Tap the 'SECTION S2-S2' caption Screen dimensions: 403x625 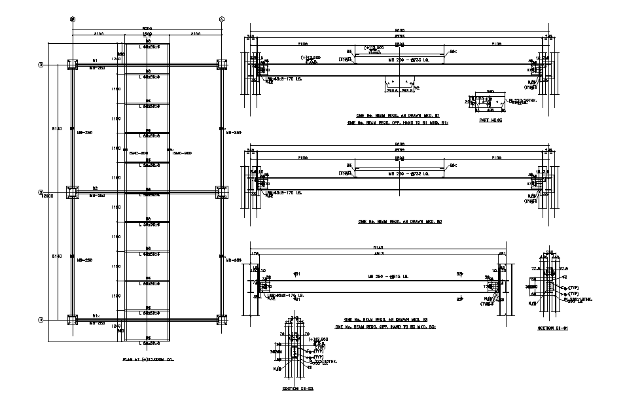[298, 389]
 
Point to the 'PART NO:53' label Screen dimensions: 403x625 [490, 120]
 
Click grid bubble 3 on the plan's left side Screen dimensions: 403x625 [41, 65]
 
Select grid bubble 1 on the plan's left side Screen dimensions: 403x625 [41, 320]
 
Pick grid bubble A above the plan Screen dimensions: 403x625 [221, 19]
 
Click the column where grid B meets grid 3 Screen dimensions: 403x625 [72, 65]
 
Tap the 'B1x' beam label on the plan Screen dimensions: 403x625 [96, 315]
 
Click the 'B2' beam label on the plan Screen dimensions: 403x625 [96, 188]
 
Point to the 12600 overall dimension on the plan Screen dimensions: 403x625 [46, 195]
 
